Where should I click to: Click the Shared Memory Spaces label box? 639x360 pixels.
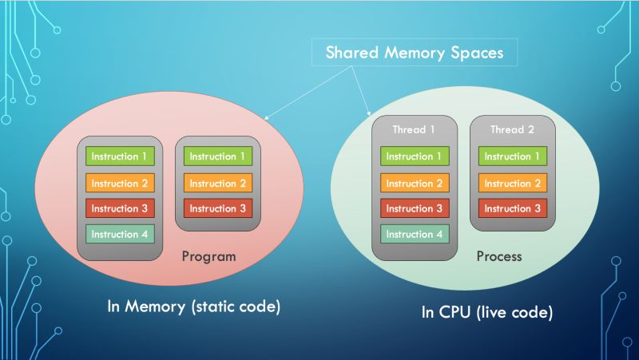[x=415, y=54]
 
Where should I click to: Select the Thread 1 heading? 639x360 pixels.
[x=414, y=129]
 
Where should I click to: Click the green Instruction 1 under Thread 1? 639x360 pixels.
[x=414, y=156]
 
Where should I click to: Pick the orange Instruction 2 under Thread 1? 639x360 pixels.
[x=414, y=183]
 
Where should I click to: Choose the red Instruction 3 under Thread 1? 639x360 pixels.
[x=414, y=208]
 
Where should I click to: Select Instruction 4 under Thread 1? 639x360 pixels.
[x=414, y=234]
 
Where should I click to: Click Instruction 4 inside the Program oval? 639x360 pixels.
[x=120, y=234]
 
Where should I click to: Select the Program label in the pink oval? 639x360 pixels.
[x=209, y=257]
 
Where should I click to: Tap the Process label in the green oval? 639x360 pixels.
[x=498, y=257]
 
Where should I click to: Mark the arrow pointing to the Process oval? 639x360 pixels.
[x=359, y=92]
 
